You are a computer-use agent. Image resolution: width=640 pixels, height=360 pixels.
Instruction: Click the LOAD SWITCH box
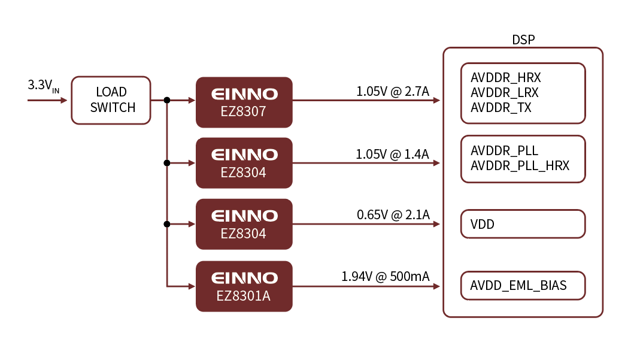pos(111,100)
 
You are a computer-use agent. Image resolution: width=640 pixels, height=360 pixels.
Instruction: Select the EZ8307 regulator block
pos(244,102)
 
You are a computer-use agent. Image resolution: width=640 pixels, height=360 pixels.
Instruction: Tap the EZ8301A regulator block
pos(244,286)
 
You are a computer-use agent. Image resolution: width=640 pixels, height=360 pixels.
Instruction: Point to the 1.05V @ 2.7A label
pos(393,92)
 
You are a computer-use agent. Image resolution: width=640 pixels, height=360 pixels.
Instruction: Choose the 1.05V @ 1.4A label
pos(392,154)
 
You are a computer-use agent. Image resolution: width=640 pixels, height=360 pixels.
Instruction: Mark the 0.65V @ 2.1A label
pos(393,215)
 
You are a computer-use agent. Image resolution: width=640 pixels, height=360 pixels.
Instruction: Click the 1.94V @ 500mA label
pos(385,277)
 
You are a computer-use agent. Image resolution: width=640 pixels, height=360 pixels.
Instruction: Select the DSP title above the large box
pos(523,40)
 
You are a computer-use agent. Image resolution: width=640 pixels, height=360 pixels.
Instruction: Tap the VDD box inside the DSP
pos(523,224)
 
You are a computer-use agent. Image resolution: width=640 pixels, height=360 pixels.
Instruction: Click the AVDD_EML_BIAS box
pos(523,286)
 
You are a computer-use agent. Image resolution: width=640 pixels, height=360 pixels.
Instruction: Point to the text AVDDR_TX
pos(501,108)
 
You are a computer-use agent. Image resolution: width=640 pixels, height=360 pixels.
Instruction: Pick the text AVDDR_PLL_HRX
pos(520,165)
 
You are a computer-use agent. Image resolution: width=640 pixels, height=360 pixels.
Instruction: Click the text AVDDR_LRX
pos(505,93)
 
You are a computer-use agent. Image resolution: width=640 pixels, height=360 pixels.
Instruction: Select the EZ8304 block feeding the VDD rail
pos(244,224)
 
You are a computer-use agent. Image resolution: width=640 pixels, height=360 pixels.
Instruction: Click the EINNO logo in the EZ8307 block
pos(244,94)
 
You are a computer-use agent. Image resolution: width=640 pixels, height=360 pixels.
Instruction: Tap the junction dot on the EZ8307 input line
pos(167,101)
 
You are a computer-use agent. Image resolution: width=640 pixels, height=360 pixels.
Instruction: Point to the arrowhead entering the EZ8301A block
pos(191,286)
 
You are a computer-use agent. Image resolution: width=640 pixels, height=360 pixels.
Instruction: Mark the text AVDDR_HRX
pos(506,78)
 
